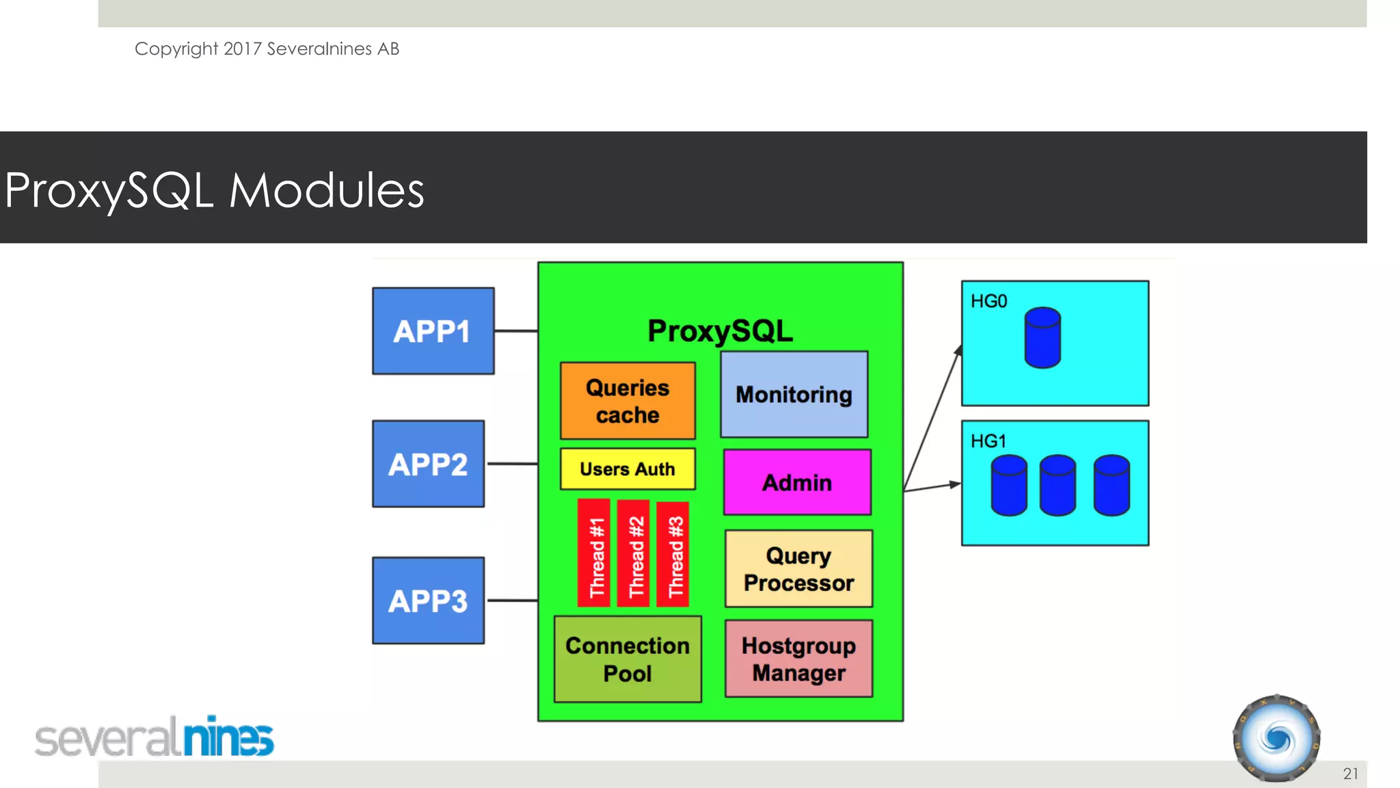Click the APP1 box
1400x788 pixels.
click(433, 331)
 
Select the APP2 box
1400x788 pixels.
click(428, 464)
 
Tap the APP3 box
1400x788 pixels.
click(428, 601)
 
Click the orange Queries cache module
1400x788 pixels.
click(628, 401)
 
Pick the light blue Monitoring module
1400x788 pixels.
click(794, 395)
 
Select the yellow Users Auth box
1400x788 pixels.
click(628, 469)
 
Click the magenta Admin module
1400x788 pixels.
click(797, 482)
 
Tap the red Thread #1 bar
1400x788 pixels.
click(594, 553)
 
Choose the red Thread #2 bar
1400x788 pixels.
click(634, 553)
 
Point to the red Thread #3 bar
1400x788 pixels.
click(673, 554)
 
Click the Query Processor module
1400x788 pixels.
click(798, 568)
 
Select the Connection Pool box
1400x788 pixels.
click(628, 659)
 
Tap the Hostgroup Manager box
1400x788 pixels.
click(798, 659)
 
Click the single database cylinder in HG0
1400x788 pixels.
click(1042, 338)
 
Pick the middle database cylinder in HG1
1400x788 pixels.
click(1058, 485)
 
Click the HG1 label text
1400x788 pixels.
click(988, 441)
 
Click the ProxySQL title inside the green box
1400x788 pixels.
click(721, 331)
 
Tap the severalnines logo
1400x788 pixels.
click(154, 737)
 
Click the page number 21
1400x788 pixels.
click(1350, 774)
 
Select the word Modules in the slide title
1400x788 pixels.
click(326, 190)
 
